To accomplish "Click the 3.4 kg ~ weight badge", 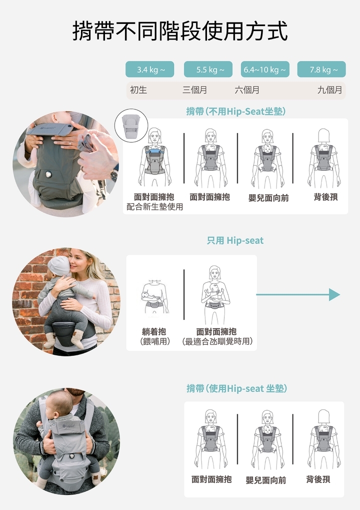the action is coord(150,69).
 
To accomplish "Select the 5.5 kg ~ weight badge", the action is coord(208,69).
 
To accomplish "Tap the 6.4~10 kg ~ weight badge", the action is coord(265,69).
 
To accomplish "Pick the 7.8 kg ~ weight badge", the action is coord(321,69).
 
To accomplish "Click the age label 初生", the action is coord(138,90).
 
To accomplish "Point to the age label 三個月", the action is coord(194,90).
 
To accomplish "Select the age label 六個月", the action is coord(247,90).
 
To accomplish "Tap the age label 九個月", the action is coord(330,90).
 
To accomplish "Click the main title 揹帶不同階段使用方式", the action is coord(180,31).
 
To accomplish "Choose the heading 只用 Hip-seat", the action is coord(235,241).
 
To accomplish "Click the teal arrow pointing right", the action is coord(298,295).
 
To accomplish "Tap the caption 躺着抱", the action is coord(154,331).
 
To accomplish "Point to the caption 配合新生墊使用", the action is coord(154,207).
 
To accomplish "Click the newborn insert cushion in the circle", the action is coord(131,125).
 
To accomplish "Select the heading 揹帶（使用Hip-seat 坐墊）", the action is coord(237,388).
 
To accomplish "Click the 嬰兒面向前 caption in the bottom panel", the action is coord(266,480).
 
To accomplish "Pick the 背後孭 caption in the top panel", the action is coord(325,197).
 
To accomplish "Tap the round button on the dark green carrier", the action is coord(48,175).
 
